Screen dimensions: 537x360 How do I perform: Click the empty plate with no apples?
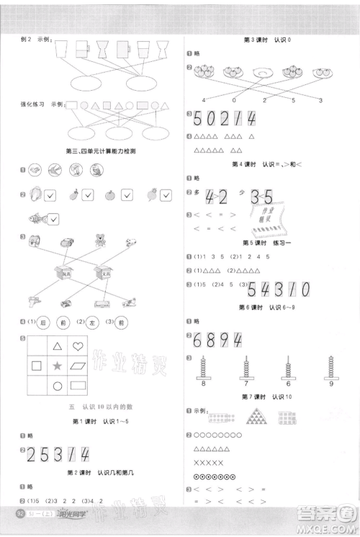(262, 73)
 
